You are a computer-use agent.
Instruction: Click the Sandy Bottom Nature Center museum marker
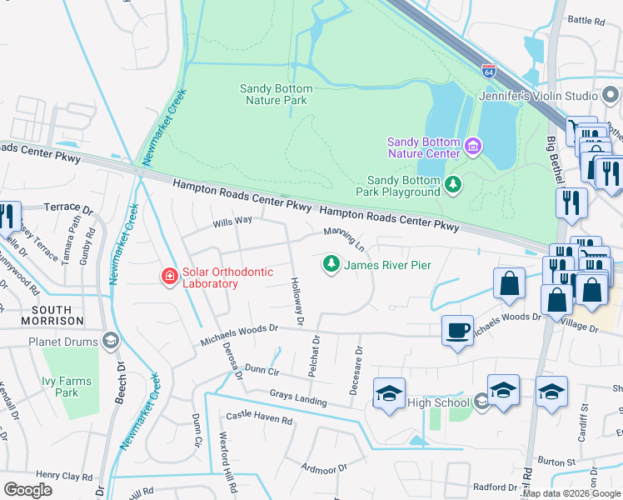(x=473, y=147)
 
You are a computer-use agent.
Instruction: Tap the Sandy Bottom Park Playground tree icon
(x=452, y=184)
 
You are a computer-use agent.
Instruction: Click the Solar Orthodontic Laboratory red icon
(x=169, y=275)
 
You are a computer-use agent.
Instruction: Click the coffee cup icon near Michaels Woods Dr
(x=457, y=329)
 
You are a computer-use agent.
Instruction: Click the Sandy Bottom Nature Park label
(x=277, y=94)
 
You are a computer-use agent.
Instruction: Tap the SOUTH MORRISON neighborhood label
(x=40, y=314)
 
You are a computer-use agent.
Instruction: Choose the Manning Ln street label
(x=344, y=237)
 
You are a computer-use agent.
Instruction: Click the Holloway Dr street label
(x=297, y=301)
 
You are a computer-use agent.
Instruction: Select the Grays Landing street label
(x=298, y=397)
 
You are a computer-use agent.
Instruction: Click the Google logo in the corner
(x=27, y=490)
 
